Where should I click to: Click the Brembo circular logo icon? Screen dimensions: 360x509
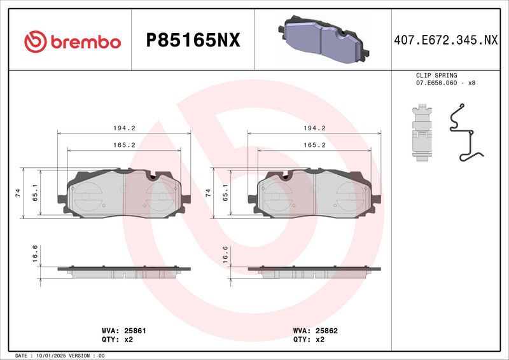(36, 41)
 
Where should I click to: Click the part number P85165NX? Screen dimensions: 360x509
(193, 41)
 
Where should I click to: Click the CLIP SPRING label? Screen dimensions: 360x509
(436, 75)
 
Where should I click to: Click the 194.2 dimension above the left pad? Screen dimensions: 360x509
(125, 128)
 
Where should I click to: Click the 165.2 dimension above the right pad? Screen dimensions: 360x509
(314, 145)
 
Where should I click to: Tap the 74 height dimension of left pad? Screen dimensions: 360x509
(18, 193)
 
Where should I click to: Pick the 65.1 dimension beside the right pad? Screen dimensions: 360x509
(225, 193)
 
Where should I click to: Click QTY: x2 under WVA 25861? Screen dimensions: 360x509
(118, 340)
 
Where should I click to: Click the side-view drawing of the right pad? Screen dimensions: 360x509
(314, 272)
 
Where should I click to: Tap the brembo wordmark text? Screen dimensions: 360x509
(85, 42)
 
